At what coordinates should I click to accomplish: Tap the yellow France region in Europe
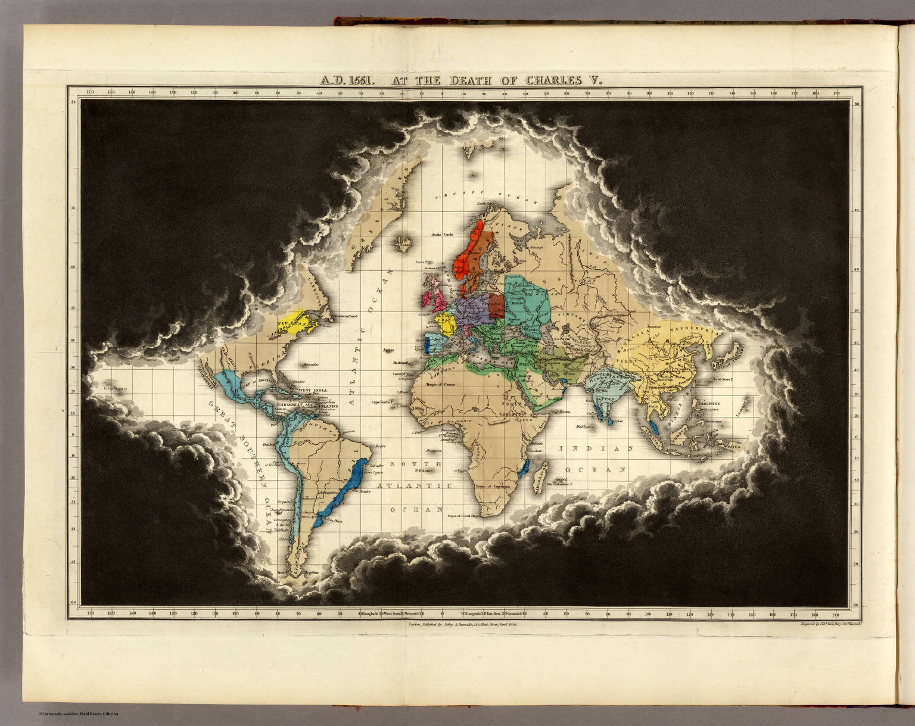click(446, 325)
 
